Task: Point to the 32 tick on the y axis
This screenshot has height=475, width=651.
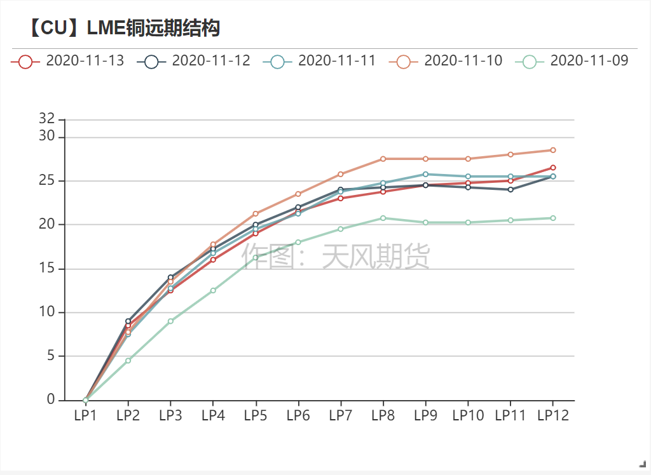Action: (x=47, y=119)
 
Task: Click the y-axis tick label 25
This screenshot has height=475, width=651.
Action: (x=47, y=181)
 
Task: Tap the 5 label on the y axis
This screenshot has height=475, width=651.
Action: (x=51, y=356)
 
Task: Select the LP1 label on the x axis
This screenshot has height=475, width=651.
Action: (x=85, y=415)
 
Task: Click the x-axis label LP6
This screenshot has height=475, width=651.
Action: (x=298, y=415)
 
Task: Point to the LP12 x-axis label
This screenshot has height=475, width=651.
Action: (x=552, y=415)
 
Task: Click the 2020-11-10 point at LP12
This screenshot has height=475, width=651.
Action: (x=552, y=150)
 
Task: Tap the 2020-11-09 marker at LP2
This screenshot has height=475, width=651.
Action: (x=128, y=360)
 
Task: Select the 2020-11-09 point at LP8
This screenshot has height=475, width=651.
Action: (x=383, y=218)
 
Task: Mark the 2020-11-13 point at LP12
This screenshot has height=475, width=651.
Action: (x=552, y=168)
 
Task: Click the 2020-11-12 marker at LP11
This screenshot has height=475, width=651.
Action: (x=510, y=189)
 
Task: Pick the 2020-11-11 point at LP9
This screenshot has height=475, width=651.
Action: (x=425, y=174)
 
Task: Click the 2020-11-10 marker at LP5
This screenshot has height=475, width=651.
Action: (x=256, y=213)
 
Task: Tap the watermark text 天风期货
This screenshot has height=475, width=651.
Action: (x=376, y=257)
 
